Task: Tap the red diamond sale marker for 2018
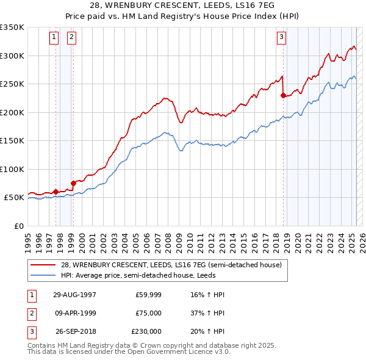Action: [284, 95]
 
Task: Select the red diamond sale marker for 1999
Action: [73, 182]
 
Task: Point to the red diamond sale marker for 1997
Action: [56, 192]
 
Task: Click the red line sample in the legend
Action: [43, 265]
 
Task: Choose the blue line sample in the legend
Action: [43, 275]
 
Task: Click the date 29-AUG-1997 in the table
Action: [74, 295]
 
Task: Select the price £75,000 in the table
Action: [148, 313]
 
